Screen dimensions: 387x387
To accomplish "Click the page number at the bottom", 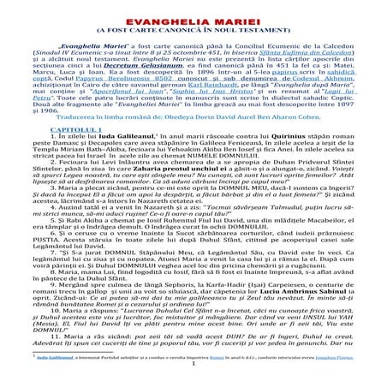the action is pyautogui.click(x=193, y=374).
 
